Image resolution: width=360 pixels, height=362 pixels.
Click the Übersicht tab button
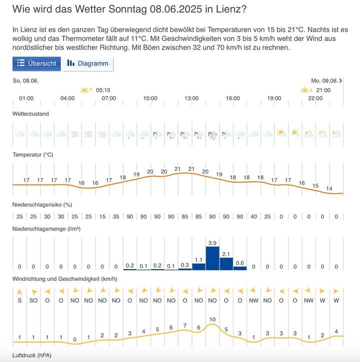point(37,63)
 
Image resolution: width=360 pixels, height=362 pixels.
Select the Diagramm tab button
point(88,63)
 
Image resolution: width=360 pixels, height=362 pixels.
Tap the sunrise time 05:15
point(103,90)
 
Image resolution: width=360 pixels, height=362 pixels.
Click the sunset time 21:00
point(323,90)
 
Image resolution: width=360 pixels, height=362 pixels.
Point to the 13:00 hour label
point(191,98)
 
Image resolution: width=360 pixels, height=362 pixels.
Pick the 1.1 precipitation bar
point(198,266)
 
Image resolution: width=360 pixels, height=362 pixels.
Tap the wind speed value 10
point(212,319)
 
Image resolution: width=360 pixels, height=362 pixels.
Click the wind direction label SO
point(33,300)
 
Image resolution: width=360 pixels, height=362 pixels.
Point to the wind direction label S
point(19,300)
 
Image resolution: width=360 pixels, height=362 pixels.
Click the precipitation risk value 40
point(253,216)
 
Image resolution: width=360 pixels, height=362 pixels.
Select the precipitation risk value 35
point(116,216)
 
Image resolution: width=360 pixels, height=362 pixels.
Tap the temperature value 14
point(329,188)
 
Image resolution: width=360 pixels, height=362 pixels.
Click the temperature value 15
point(315,186)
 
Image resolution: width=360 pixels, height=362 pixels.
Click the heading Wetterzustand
point(30,114)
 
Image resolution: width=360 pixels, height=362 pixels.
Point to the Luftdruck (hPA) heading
point(32,355)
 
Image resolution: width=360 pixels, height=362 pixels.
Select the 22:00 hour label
point(315,98)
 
